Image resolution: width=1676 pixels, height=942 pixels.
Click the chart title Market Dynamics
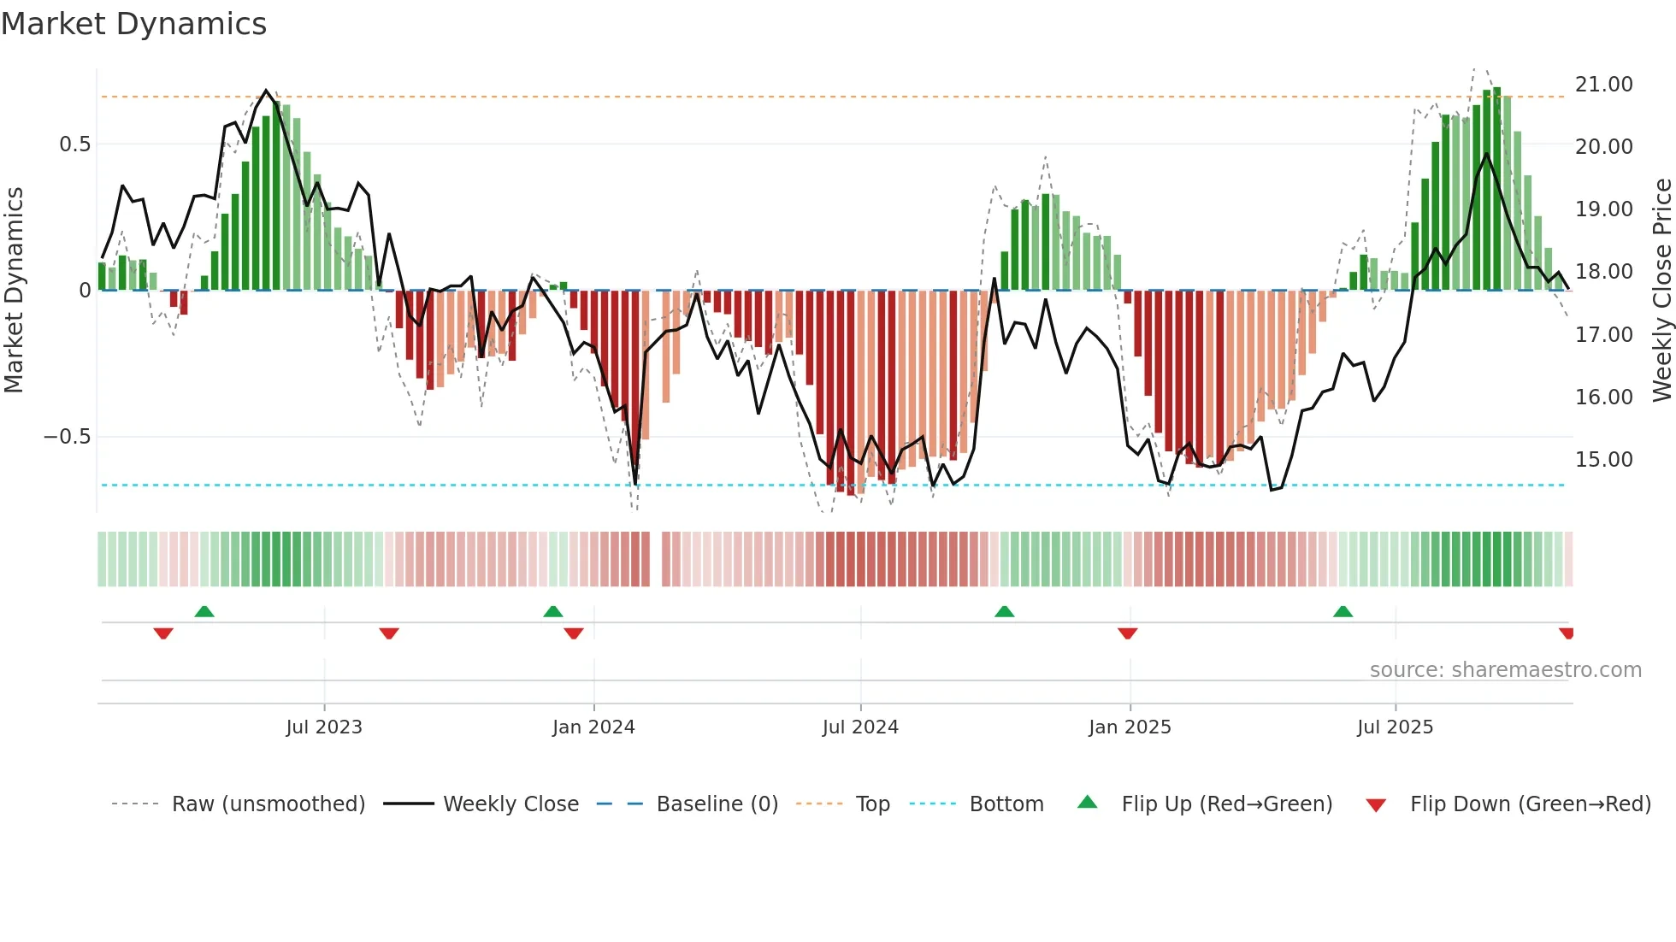point(133,24)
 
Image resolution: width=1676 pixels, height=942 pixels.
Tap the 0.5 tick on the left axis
point(75,144)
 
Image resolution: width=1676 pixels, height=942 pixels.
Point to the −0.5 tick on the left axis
point(68,437)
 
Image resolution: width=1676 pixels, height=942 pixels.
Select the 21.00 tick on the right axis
point(1603,85)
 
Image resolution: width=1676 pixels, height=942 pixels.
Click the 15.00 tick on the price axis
point(1603,460)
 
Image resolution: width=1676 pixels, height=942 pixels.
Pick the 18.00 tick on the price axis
point(1603,272)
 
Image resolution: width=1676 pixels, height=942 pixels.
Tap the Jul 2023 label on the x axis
point(324,727)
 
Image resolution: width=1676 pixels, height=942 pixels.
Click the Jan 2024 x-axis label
point(593,727)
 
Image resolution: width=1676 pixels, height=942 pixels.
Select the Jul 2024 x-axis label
point(860,727)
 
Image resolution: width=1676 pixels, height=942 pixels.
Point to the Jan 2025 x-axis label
point(1130,727)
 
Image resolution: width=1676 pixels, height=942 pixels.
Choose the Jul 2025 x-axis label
point(1395,727)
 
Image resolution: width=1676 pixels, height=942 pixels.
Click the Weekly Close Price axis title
point(1661,291)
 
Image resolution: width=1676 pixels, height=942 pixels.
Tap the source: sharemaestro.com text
point(1505,670)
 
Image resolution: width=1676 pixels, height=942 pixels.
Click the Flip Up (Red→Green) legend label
point(1226,804)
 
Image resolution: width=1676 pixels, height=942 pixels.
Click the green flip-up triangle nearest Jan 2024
point(553,612)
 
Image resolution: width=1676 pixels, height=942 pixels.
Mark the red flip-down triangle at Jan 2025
point(1127,633)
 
